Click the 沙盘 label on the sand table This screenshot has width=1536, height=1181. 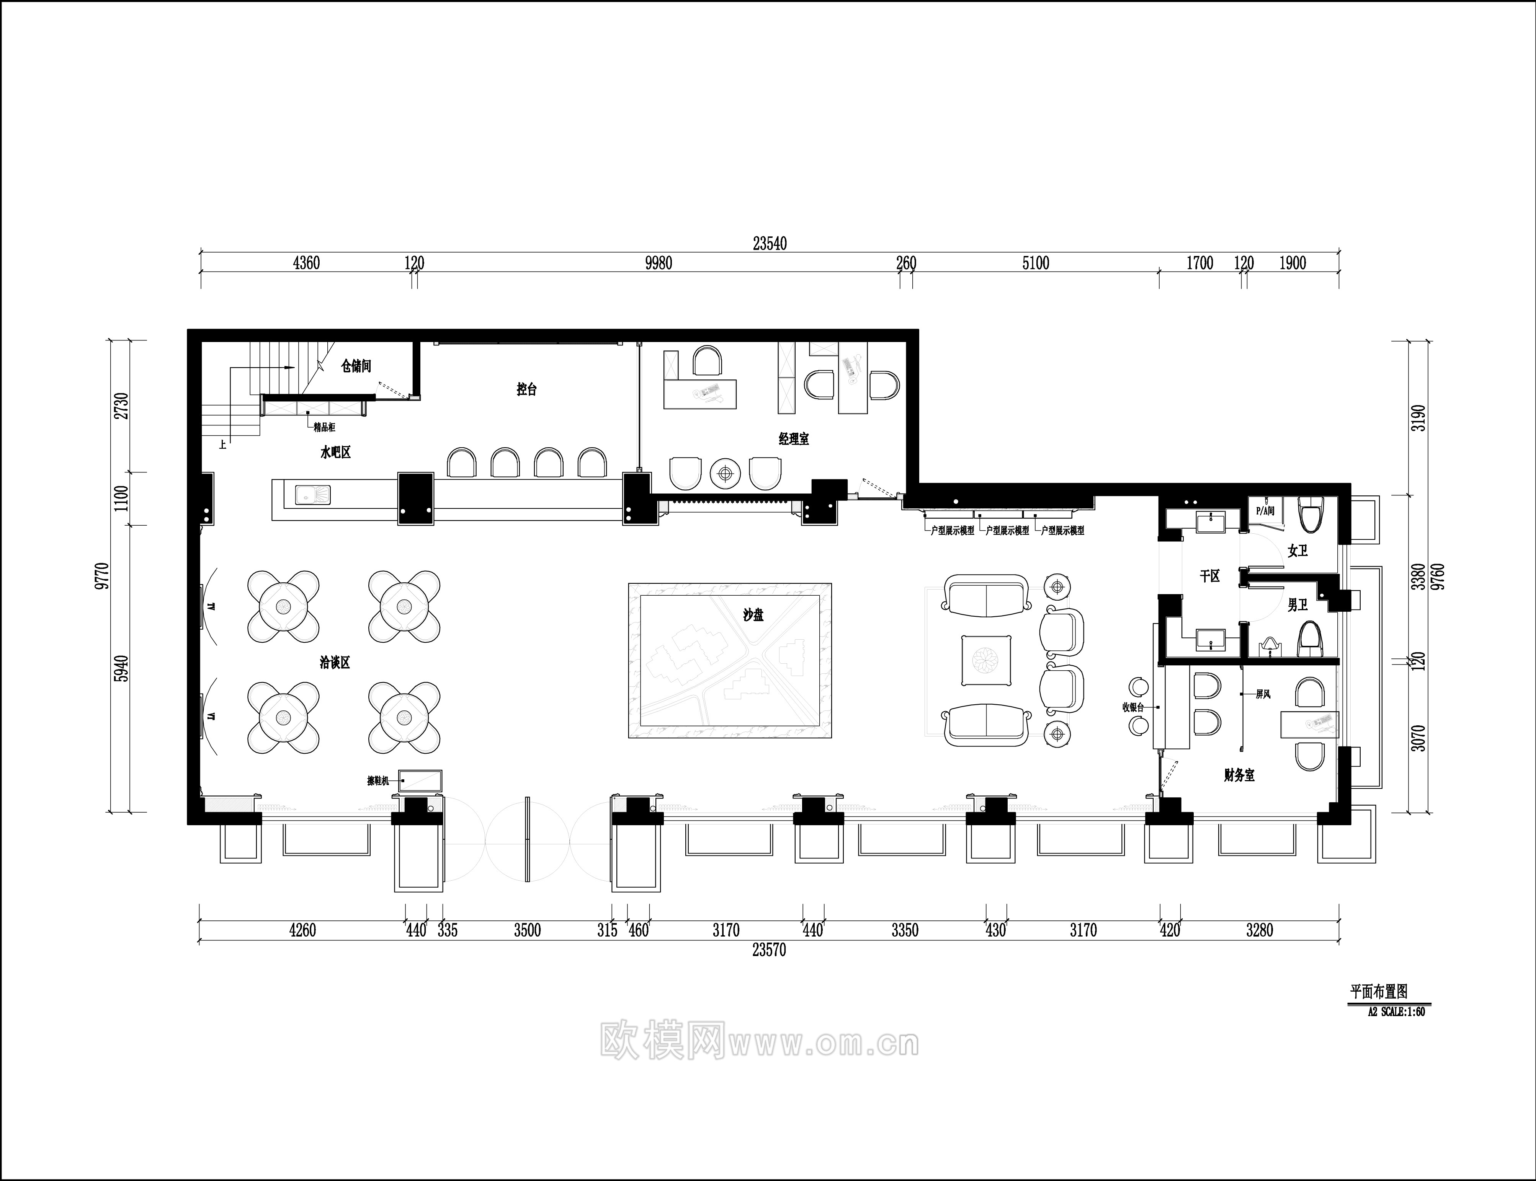753,615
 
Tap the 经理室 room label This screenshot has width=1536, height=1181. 793,439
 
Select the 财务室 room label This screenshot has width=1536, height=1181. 1239,775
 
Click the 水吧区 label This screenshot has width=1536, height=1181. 335,453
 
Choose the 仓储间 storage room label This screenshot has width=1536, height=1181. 356,366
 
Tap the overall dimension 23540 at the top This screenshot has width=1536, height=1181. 770,244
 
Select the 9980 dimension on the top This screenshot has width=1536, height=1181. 658,264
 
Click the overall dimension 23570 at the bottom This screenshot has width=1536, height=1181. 769,950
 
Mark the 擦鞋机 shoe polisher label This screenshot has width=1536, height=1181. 377,780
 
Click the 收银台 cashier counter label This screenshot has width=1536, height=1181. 1132,708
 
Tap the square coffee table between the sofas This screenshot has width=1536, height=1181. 987,660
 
